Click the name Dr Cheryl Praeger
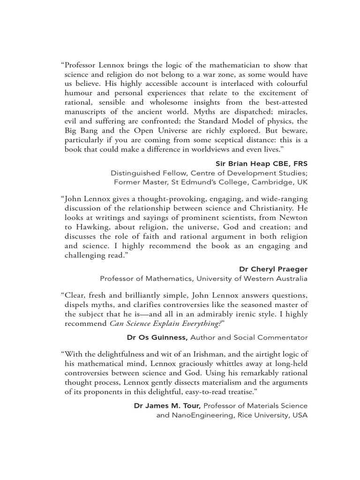point(273,269)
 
